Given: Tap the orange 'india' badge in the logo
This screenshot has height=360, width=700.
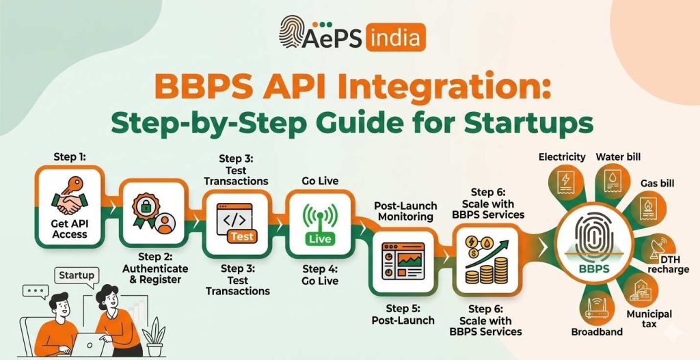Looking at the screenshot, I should pos(396,38).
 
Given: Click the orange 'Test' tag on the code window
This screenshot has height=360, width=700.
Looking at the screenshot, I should pos(241,236).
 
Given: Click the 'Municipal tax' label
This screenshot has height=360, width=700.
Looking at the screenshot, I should pos(649,318).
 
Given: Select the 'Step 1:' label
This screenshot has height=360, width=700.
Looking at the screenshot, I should pos(70,157).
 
